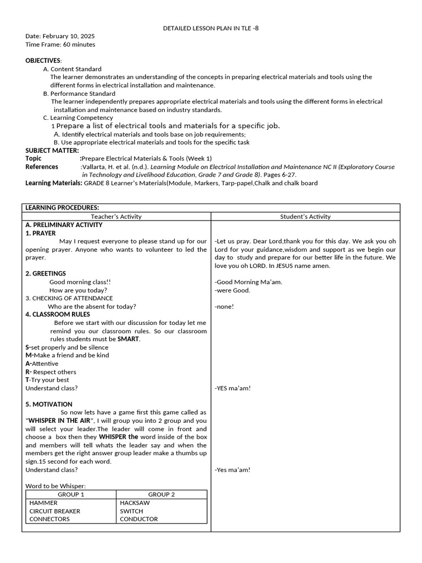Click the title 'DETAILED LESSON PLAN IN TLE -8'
coord(211,28)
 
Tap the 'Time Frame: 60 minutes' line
coord(60,45)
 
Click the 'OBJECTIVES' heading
coord(43,60)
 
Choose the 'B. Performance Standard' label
coord(79,93)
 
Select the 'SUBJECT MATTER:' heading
coord(52,150)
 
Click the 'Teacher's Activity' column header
coord(116,217)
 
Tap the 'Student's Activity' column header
coord(306,217)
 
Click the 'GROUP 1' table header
coord(71,494)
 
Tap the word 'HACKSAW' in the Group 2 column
coord(135,503)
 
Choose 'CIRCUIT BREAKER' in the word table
coord(54,511)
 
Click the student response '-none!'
coord(224,307)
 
